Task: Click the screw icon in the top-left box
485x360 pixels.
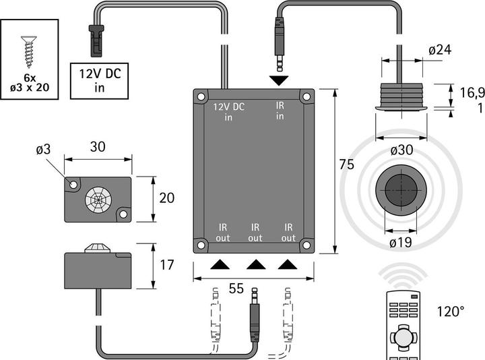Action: pos(28,51)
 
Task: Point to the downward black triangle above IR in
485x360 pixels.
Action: pos(278,80)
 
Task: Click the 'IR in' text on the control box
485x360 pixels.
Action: pos(280,111)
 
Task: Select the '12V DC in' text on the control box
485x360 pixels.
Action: pos(229,112)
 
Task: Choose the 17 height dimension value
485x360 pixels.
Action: pos(166,265)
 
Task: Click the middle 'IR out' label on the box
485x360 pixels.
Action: pos(255,233)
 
